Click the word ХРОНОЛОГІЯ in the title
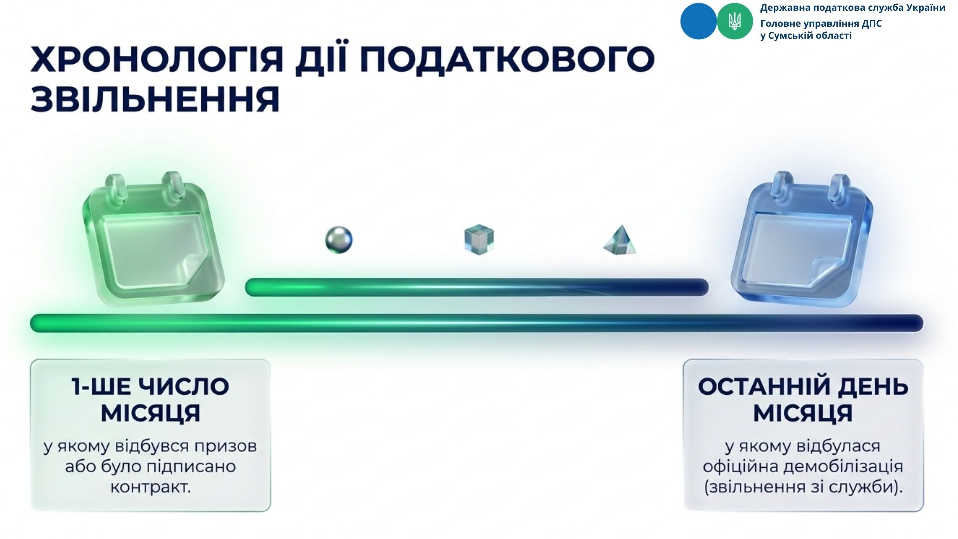(157, 59)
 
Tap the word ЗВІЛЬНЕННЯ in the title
(155, 99)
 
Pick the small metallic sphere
(339, 239)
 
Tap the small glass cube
(479, 240)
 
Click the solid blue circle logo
(698, 21)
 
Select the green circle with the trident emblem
(735, 21)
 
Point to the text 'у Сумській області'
(806, 36)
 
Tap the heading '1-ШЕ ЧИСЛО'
(150, 387)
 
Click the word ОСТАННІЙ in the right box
(761, 387)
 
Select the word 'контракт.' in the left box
(151, 487)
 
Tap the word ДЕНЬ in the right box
(871, 387)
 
